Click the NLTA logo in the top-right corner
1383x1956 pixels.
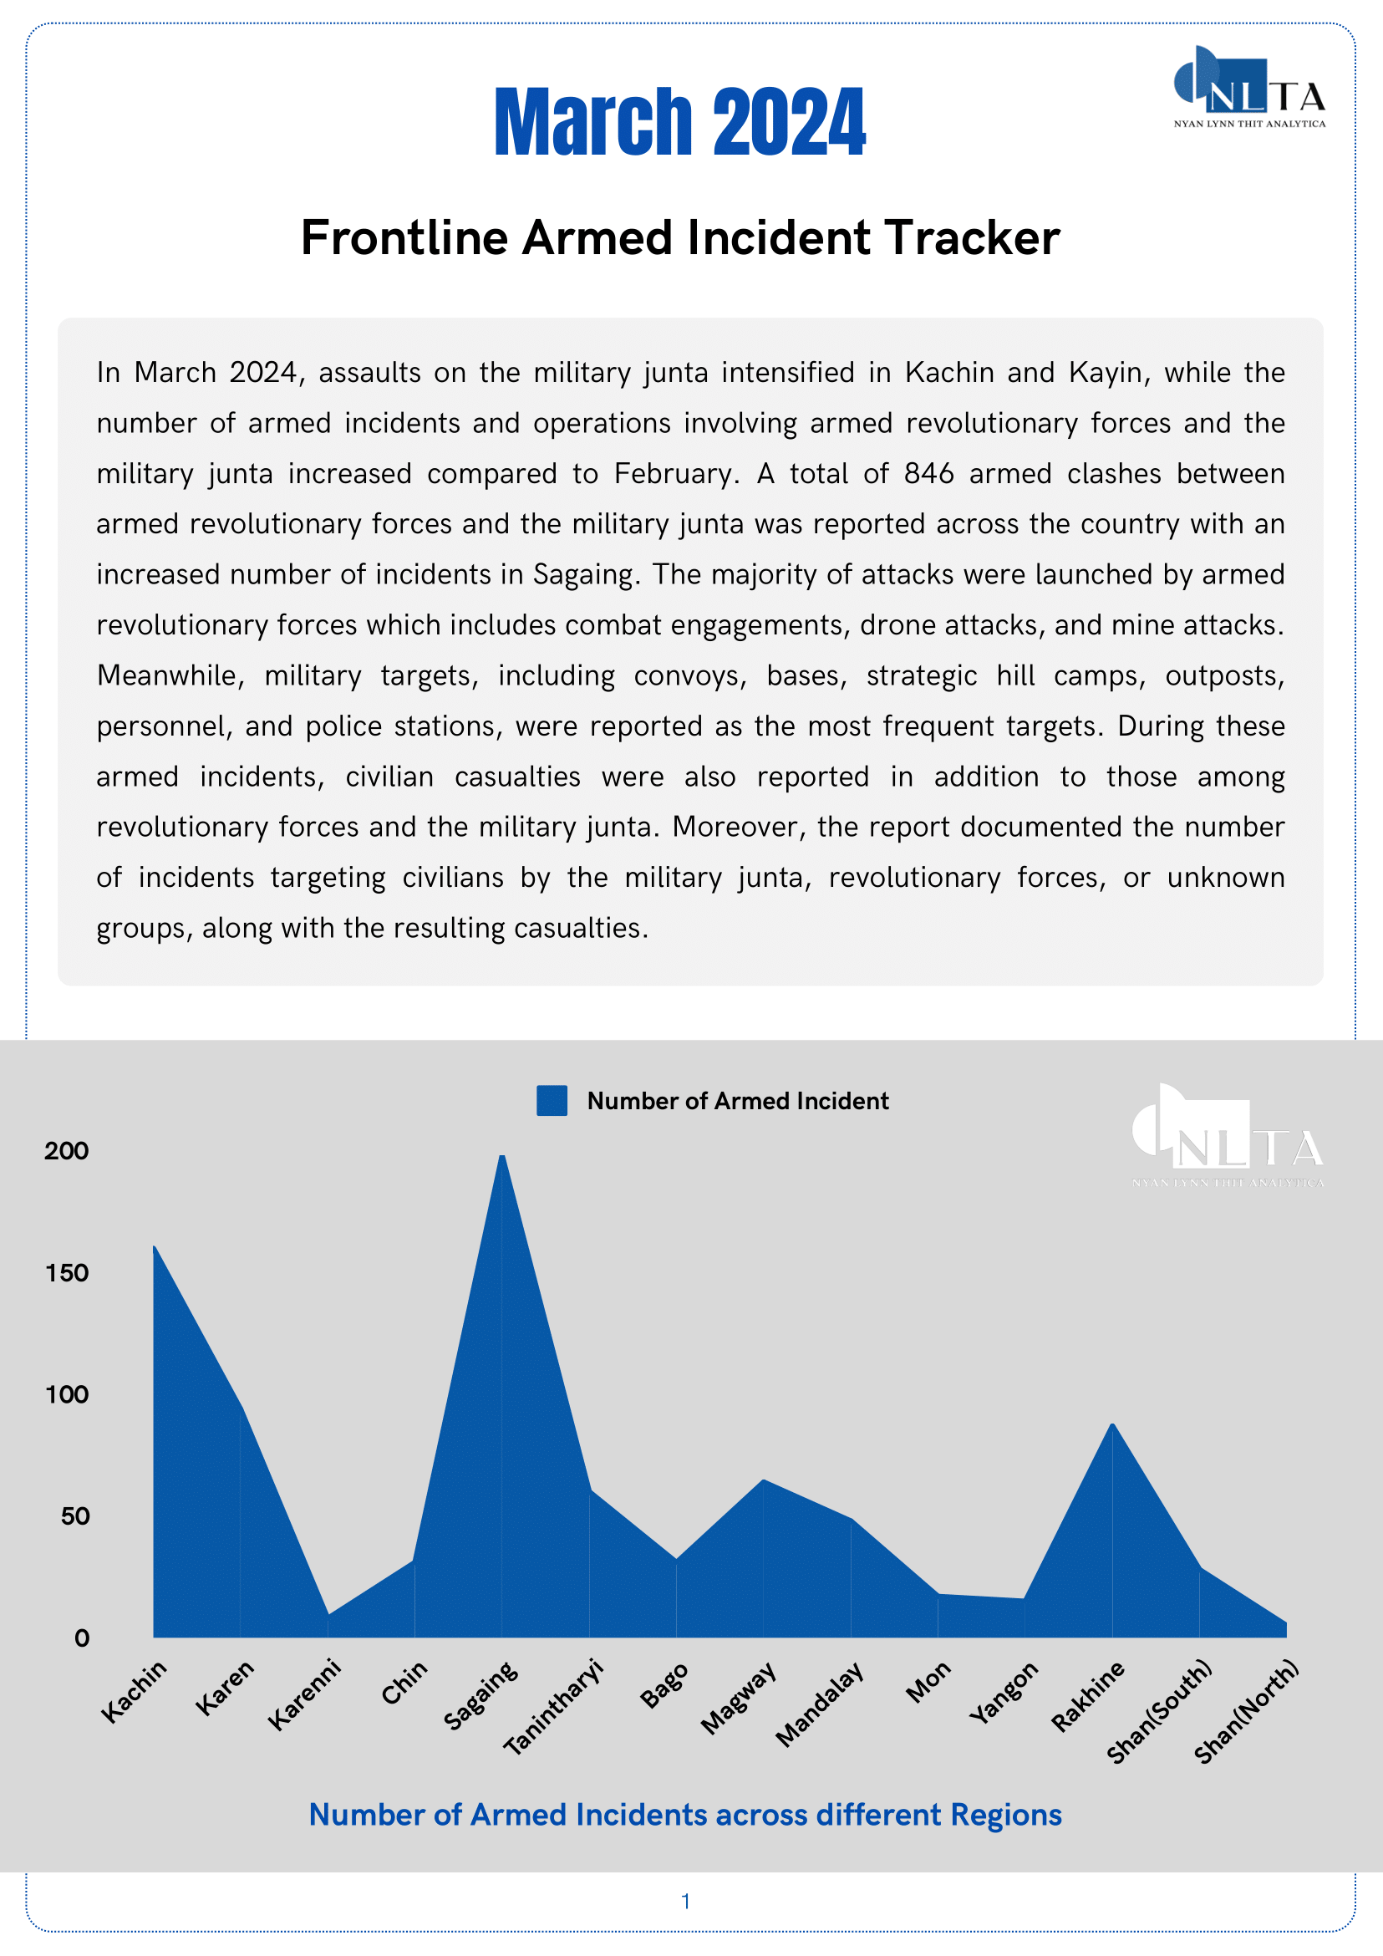pyautogui.click(x=1249, y=87)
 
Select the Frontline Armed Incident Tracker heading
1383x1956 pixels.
pyautogui.click(x=680, y=237)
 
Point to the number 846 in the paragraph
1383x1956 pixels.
pyautogui.click(x=929, y=474)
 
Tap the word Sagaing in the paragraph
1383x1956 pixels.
pyautogui.click(x=584, y=575)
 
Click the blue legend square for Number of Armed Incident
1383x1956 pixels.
pyautogui.click(x=552, y=1101)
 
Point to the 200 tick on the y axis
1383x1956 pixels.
pyautogui.click(x=66, y=1151)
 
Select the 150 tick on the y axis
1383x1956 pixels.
pyautogui.click(x=66, y=1273)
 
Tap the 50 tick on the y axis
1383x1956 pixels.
pyautogui.click(x=75, y=1516)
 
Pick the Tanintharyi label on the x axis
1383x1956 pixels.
pyautogui.click(x=553, y=1707)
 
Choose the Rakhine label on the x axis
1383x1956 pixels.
pyautogui.click(x=1087, y=1696)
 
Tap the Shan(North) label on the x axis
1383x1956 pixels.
pyautogui.click(x=1246, y=1710)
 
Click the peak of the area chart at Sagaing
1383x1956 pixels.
pyautogui.click(x=502, y=1156)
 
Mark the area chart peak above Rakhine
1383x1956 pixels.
pyautogui.click(x=1112, y=1424)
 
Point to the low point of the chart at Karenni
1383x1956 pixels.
pyautogui.click(x=328, y=1613)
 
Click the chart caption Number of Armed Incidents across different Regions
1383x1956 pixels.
pyautogui.click(x=684, y=1815)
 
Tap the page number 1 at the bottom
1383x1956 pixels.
pyautogui.click(x=685, y=1901)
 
